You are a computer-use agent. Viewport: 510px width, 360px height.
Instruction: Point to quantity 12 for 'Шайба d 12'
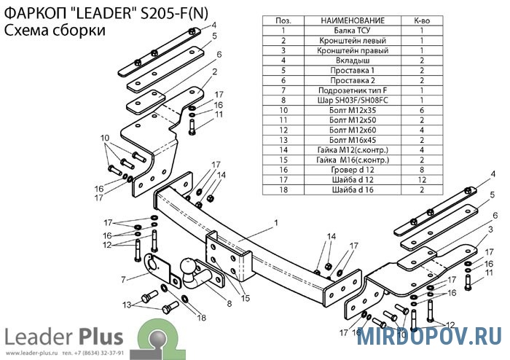421,179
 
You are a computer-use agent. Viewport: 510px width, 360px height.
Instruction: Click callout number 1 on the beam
276,222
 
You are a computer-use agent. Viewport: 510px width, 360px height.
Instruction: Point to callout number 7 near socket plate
123,279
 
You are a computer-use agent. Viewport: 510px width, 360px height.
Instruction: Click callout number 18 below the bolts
202,318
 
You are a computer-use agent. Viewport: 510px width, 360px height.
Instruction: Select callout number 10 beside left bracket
104,138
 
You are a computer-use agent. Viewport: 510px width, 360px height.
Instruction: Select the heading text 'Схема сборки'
55,31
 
